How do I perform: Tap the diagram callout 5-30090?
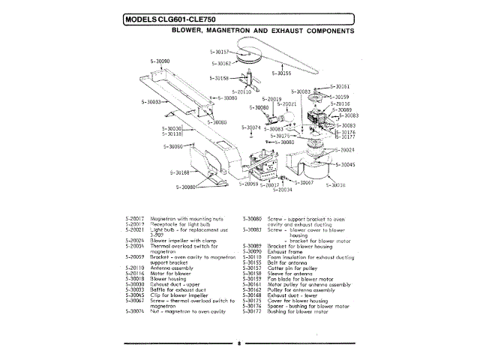160,61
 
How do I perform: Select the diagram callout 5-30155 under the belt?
280,73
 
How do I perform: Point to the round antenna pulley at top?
244,57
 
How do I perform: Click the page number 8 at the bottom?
239,343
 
